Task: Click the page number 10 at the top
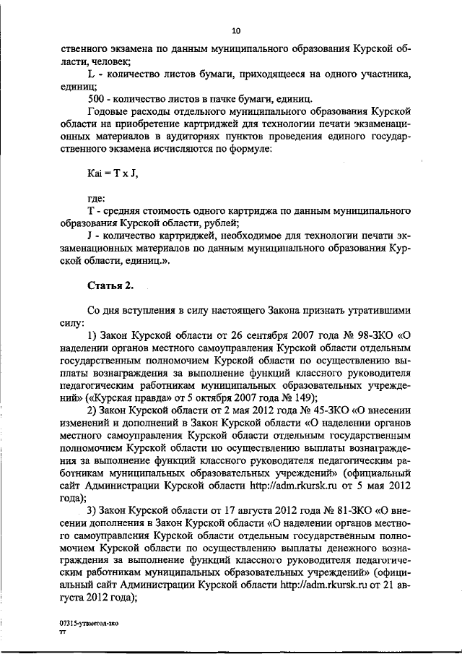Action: [235, 30]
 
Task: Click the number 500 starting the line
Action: [95, 98]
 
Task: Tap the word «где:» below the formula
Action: [96, 199]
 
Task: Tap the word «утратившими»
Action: [375, 311]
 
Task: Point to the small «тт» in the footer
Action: [63, 631]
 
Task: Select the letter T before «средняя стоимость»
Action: [90, 211]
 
